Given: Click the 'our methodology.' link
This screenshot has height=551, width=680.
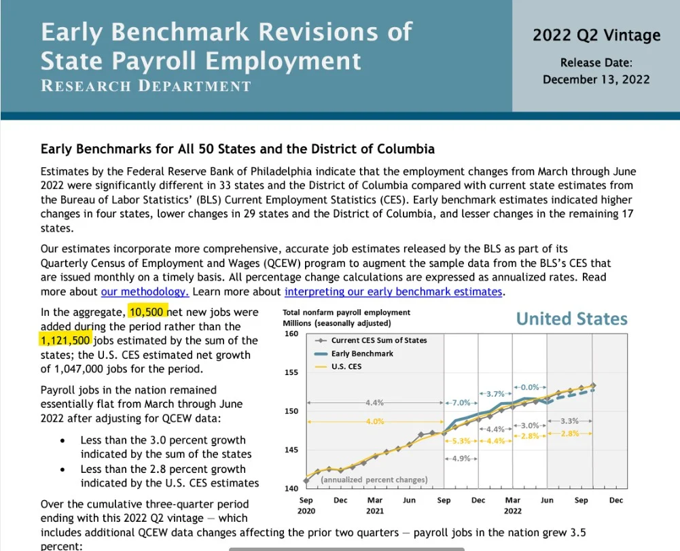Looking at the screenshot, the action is click(145, 291).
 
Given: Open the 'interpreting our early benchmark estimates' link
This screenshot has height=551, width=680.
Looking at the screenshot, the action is click(393, 291).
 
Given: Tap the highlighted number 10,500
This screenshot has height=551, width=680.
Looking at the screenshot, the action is click(147, 312).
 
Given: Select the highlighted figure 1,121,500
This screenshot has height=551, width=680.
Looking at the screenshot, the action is click(65, 340).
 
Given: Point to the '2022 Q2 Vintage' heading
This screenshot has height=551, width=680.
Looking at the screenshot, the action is click(596, 35).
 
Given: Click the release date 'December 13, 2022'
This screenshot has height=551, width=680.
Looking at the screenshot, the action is click(596, 79).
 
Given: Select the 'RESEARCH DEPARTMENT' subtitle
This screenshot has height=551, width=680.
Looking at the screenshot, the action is click(145, 86).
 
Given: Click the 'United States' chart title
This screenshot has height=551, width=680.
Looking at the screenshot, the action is click(571, 319).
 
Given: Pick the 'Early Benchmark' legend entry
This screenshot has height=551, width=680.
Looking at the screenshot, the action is click(353, 353).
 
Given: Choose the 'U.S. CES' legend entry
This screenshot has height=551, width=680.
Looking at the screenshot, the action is click(338, 367).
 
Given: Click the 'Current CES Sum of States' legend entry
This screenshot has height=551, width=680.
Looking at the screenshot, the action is click(370, 340).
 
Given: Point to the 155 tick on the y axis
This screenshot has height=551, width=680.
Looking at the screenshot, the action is click(291, 372).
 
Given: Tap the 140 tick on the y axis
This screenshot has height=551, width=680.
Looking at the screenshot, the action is click(291, 488).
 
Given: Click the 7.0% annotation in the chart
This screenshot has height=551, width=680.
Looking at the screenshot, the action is click(461, 403).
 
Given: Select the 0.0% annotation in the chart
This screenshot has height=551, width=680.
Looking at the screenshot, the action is click(529, 387).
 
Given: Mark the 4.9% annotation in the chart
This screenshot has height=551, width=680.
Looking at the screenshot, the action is click(461, 458).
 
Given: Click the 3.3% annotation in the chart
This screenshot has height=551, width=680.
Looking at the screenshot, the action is click(569, 421).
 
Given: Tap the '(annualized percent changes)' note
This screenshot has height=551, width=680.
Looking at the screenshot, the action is click(374, 480).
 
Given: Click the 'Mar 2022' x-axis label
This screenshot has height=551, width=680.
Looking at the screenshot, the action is click(513, 505).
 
